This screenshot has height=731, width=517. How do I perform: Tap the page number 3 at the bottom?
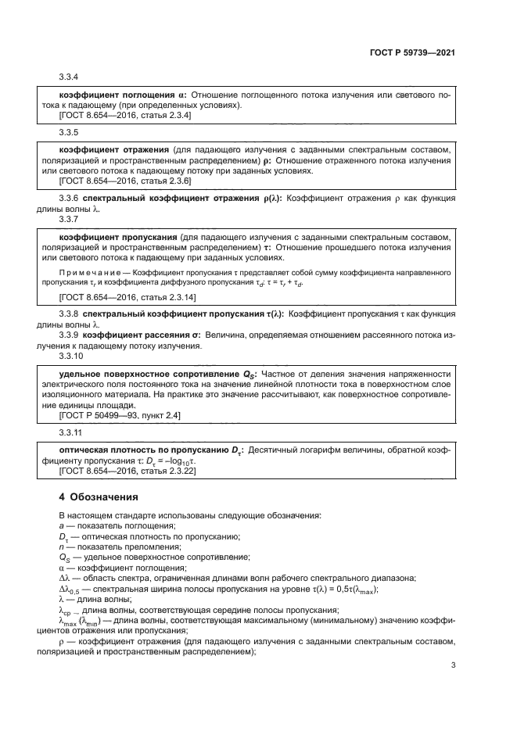453,665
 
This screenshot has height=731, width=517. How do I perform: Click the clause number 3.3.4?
69,78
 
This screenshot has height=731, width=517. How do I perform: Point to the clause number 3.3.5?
69,132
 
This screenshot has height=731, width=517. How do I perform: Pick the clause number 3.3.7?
69,220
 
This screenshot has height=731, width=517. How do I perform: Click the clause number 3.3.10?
70,354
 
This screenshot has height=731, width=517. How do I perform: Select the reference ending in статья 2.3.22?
128,471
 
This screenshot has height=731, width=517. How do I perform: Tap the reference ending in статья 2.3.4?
125,114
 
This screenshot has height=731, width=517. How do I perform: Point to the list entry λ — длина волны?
95,598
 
